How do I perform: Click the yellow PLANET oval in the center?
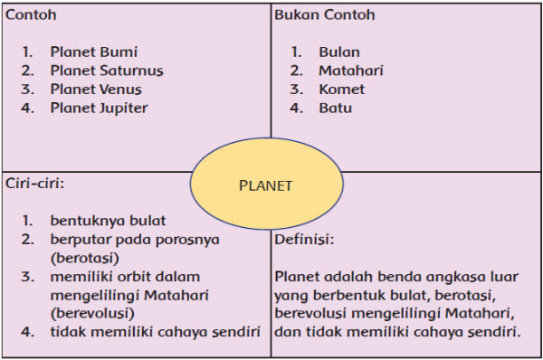click(x=266, y=186)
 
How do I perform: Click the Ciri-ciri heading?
click(x=35, y=183)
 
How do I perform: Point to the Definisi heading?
click(x=304, y=241)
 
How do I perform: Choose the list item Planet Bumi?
click(x=94, y=52)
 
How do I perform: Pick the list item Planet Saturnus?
click(x=107, y=71)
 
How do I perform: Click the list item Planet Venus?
click(x=97, y=90)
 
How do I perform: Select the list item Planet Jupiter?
click(x=99, y=109)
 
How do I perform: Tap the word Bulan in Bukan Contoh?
click(x=338, y=52)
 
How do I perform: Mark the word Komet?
click(x=341, y=90)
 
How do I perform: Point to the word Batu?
click(x=335, y=109)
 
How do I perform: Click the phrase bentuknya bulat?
click(x=108, y=220)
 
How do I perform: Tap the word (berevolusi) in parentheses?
click(x=92, y=313)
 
